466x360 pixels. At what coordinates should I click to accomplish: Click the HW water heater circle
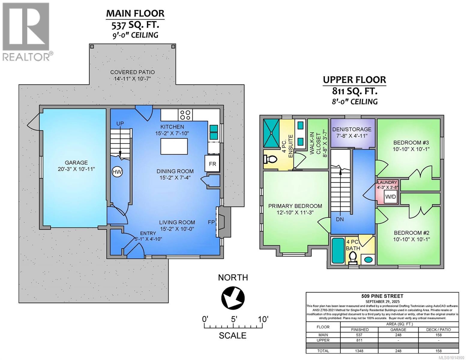pos(117,172)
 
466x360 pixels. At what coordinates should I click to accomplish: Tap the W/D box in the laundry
pos(390,196)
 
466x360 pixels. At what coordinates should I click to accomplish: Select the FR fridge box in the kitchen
pos(212,164)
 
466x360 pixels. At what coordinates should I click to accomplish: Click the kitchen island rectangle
pos(174,146)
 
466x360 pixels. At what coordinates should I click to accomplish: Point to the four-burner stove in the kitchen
pos(185,115)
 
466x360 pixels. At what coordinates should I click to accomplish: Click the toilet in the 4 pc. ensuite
pos(270,159)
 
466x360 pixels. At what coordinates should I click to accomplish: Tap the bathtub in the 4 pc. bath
pos(338,250)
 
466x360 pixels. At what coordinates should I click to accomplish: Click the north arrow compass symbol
pos(233,298)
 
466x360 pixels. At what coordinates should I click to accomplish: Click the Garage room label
pos(76,166)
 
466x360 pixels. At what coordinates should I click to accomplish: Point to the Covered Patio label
pos(132,75)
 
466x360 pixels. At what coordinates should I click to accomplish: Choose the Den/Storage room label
pos(352,133)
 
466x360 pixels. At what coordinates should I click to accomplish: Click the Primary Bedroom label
pos(295,209)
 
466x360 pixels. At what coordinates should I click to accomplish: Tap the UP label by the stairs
pos(120,124)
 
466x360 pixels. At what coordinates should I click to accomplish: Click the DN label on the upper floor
pos(340,219)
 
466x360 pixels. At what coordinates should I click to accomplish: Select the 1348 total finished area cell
pos(359,351)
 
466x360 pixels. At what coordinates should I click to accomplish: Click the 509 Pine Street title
pos(382,296)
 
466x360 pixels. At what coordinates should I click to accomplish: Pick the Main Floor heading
pos(135,13)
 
